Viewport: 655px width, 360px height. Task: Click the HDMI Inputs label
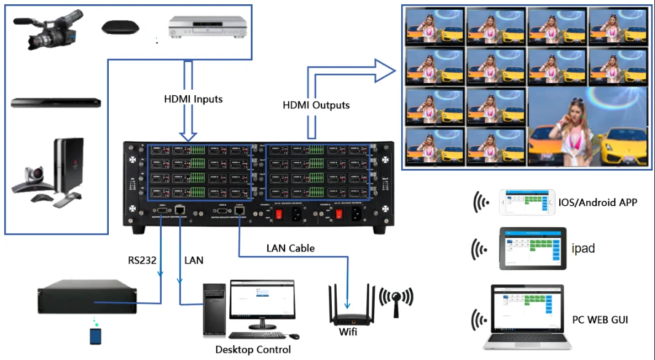(194, 98)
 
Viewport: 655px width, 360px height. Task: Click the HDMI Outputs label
(316, 105)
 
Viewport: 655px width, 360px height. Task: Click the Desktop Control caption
(253, 350)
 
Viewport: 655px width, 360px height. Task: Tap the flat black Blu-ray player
(55, 103)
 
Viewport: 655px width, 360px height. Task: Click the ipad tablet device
(531, 248)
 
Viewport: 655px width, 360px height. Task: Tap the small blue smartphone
(95, 336)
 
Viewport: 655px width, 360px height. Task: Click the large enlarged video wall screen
(587, 127)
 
